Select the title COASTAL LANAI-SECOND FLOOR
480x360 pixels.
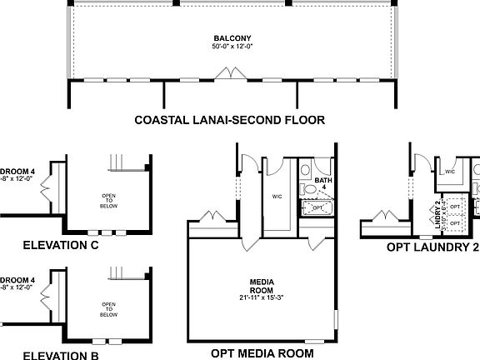tap(229, 120)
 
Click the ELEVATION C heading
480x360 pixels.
tap(61, 245)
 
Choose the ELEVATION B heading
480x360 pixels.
tap(61, 355)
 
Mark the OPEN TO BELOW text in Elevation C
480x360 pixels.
tap(108, 199)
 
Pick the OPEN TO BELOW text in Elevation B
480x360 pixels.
tap(108, 310)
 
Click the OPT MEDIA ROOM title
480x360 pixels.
tap(262, 353)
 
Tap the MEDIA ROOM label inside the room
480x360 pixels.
tap(262, 286)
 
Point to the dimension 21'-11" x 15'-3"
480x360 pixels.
tap(262, 297)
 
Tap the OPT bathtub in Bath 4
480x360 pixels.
tap(317, 207)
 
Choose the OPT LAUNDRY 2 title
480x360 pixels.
tap(432, 247)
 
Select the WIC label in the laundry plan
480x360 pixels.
tap(449, 172)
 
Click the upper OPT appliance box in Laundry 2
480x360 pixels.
tap(454, 204)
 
